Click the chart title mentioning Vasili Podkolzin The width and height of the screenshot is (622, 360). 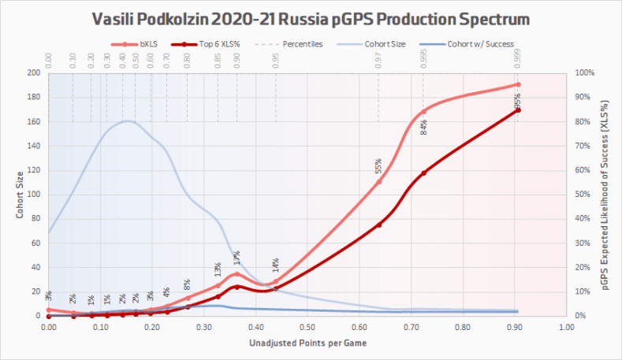(311, 17)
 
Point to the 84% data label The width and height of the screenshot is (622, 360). (423, 127)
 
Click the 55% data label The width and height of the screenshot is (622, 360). (378, 167)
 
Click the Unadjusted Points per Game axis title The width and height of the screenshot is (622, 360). (307, 343)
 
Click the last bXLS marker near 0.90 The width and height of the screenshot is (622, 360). (518, 84)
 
